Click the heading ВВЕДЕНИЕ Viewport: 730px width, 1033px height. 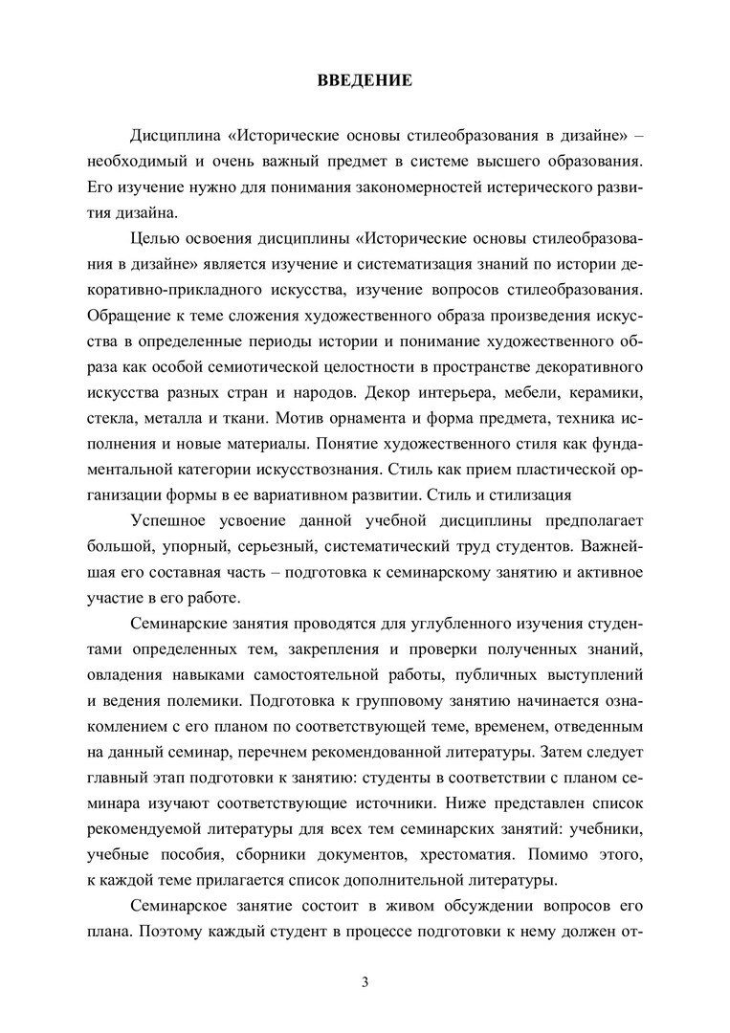click(365, 80)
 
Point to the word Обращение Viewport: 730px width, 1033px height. click(127, 315)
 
